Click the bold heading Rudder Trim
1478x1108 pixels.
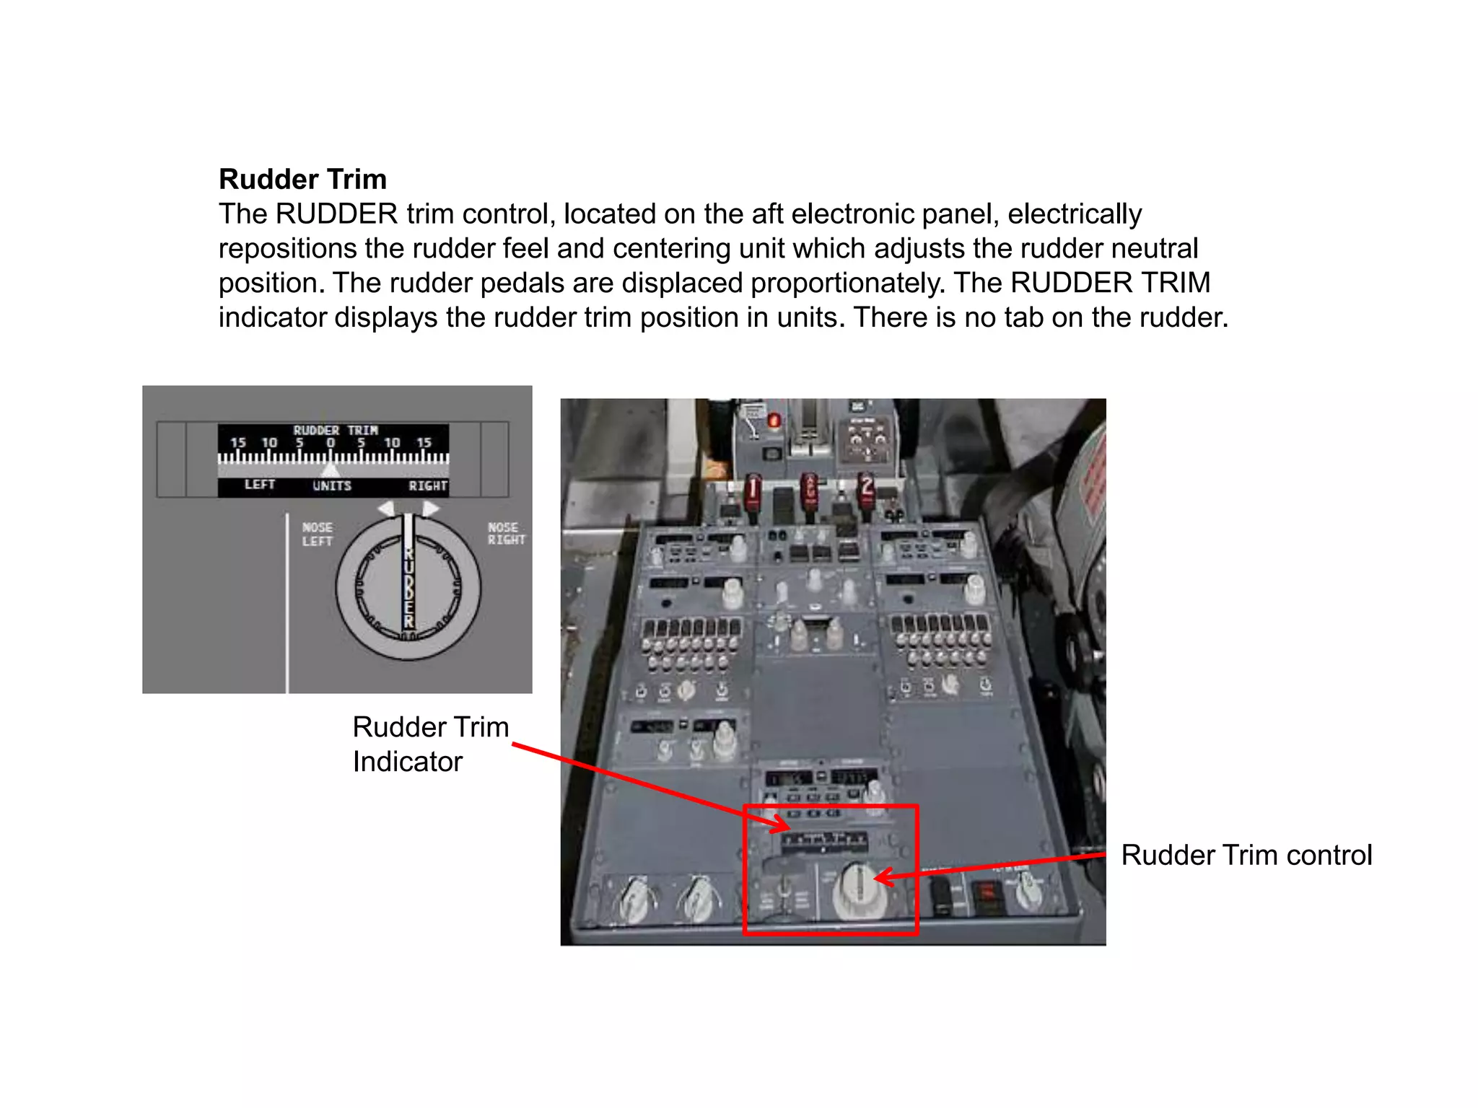click(x=302, y=179)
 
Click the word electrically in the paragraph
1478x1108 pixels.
click(x=1075, y=214)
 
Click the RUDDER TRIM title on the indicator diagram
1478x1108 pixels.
click(x=335, y=430)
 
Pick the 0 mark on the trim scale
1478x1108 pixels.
click(x=331, y=443)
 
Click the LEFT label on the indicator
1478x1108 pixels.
click(x=259, y=485)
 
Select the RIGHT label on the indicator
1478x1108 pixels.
click(x=427, y=485)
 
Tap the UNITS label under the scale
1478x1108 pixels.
click(x=331, y=485)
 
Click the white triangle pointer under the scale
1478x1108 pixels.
click(x=330, y=470)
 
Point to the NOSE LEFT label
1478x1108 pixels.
click(x=317, y=535)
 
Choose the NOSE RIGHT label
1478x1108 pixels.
click(x=505, y=534)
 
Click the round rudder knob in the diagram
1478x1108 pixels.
click(x=408, y=589)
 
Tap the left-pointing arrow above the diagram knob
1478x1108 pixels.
click(x=386, y=509)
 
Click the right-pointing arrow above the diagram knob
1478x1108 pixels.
click(x=431, y=509)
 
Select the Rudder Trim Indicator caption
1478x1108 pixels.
click(x=430, y=744)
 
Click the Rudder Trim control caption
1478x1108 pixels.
click(x=1246, y=855)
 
